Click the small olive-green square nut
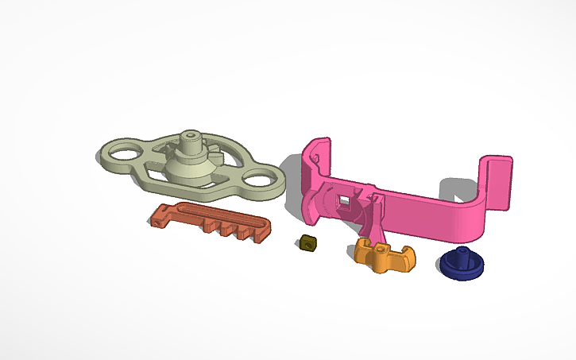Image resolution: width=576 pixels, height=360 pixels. (x=307, y=244)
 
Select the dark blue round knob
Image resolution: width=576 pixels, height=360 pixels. (x=459, y=265)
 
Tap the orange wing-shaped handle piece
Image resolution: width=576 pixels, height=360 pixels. (x=385, y=255)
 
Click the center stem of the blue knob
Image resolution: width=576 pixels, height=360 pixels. (x=461, y=255)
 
